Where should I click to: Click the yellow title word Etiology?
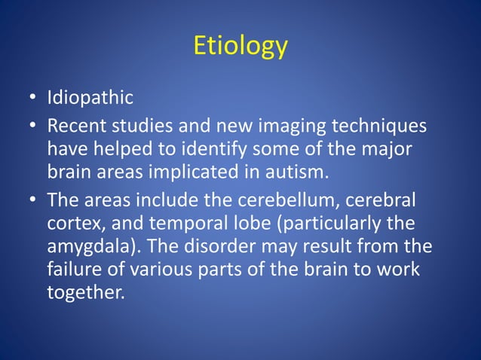(x=240, y=46)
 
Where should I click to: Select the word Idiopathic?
(x=90, y=98)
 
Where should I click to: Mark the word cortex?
(x=74, y=224)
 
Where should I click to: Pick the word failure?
(x=72, y=270)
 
